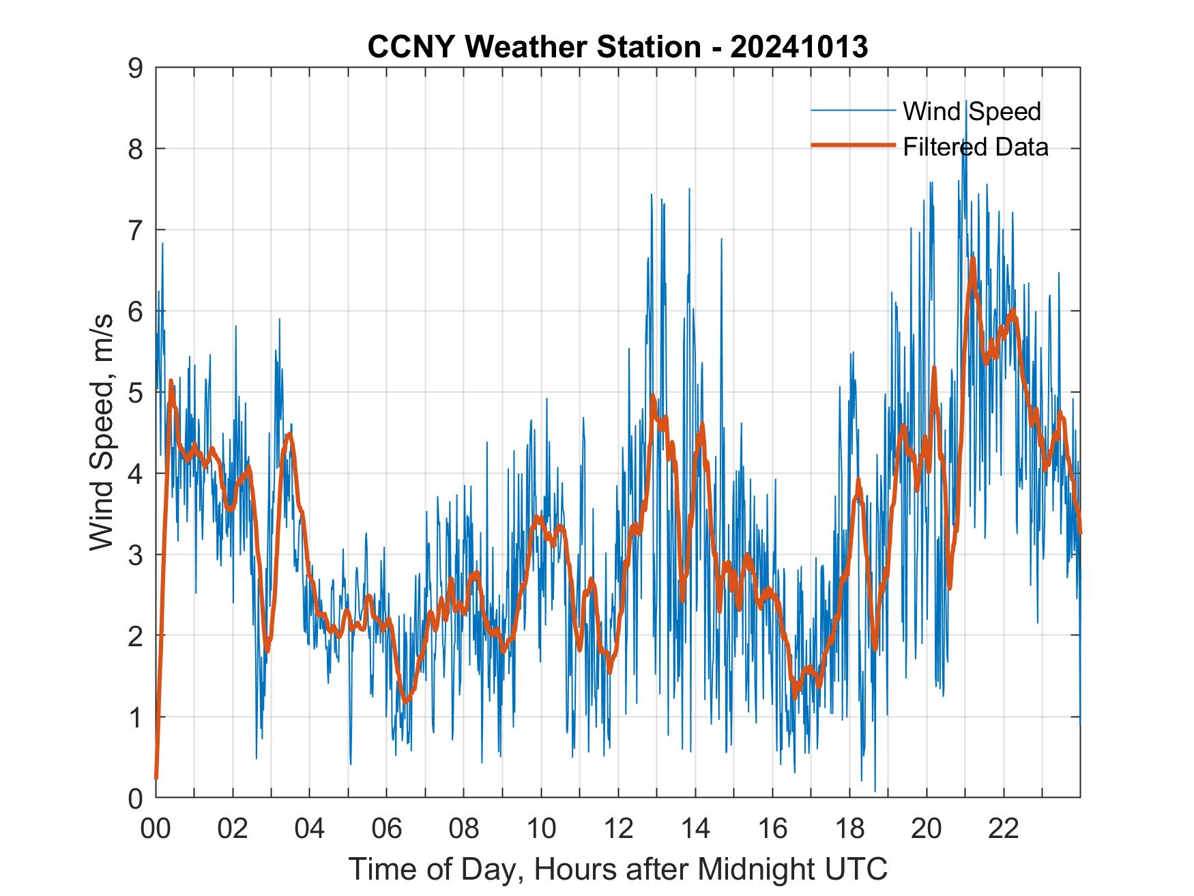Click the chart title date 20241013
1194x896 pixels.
click(799, 47)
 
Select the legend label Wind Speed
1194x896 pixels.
click(972, 111)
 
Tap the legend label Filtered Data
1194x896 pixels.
click(975, 147)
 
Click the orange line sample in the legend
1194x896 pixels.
click(853, 145)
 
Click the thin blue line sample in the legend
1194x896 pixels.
click(853, 110)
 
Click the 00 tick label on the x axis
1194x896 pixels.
click(156, 828)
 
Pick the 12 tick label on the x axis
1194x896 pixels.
click(618, 828)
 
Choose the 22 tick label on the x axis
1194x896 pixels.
click(1004, 828)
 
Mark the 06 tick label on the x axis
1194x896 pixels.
click(387, 828)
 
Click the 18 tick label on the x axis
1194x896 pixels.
click(849, 828)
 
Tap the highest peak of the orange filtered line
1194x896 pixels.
click(973, 259)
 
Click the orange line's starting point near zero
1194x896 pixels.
click(156, 777)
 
